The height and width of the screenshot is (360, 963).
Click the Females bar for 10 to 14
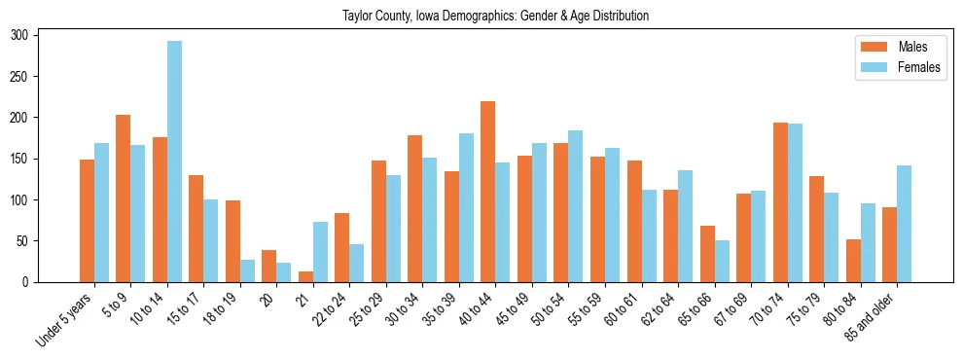[x=174, y=162]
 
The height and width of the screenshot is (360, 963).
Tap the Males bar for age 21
[x=305, y=276]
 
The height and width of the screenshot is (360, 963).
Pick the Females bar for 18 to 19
[x=247, y=270]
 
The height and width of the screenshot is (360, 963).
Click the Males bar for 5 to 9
[x=123, y=198]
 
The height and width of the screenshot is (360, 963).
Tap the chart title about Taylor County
[x=495, y=16]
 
